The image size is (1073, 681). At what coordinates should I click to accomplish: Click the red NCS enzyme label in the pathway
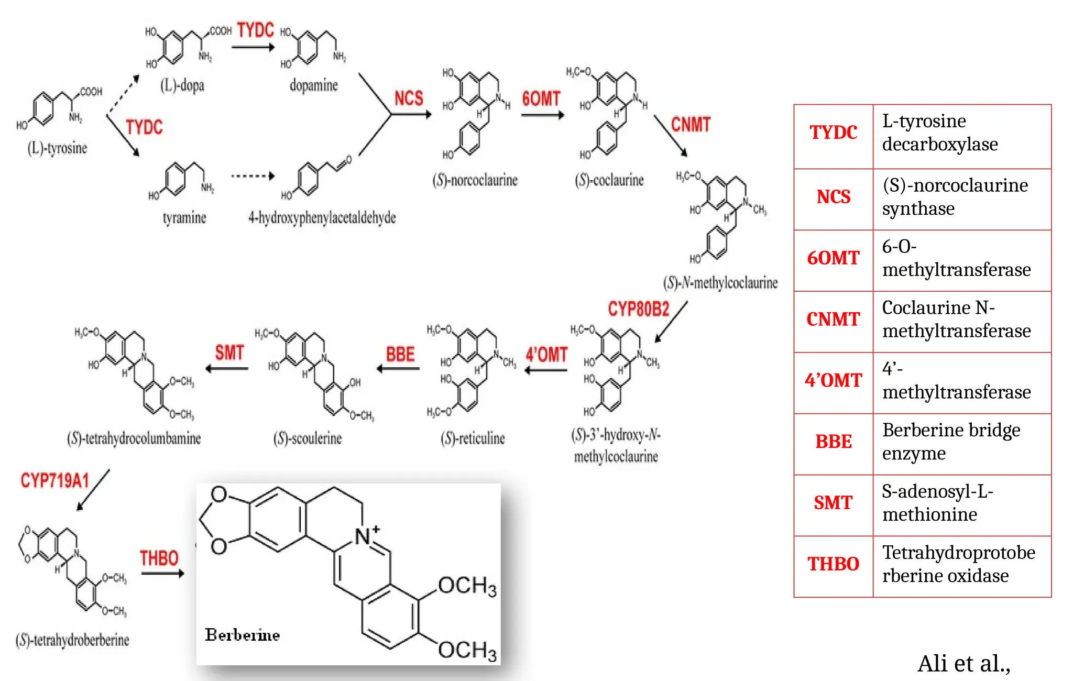[409, 98]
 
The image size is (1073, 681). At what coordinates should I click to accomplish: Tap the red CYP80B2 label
[639, 309]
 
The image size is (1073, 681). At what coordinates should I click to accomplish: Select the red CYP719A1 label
[55, 480]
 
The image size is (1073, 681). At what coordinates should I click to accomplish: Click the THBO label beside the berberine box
[159, 558]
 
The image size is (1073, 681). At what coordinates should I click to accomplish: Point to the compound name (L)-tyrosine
[57, 148]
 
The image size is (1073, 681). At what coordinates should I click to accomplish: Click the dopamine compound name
[314, 85]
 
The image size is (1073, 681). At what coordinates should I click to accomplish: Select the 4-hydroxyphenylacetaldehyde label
[322, 217]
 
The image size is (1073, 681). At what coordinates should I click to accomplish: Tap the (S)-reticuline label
[473, 438]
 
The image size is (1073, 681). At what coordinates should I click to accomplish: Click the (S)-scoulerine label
[308, 438]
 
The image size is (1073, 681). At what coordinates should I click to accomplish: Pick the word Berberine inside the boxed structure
[242, 635]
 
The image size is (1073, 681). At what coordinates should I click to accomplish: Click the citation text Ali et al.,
[964, 664]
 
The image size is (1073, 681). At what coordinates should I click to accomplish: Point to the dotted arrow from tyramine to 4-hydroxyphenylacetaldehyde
[253, 176]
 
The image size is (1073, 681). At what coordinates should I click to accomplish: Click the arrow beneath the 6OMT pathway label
[543, 115]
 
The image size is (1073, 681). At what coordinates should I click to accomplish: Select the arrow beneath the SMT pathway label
[227, 369]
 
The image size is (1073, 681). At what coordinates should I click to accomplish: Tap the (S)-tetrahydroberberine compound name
[72, 640]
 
